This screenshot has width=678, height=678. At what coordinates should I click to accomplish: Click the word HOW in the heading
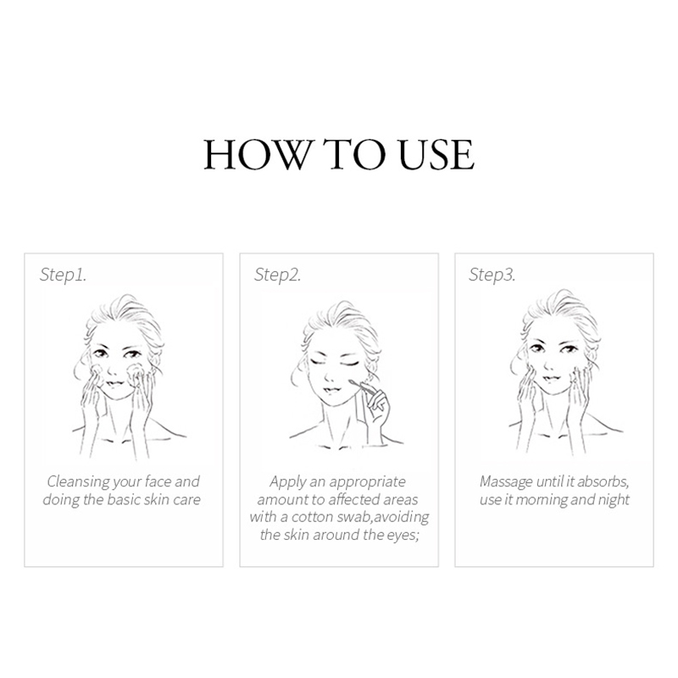point(258,154)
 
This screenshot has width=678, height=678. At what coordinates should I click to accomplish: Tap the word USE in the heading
point(436,154)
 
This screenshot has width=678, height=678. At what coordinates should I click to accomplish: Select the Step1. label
point(63,274)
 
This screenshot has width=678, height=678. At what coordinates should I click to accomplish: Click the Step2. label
point(278,274)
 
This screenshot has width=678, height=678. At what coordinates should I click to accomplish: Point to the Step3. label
point(492,274)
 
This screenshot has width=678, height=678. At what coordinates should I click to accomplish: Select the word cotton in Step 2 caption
point(313,517)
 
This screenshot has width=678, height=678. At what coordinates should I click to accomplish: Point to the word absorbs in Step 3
point(603,481)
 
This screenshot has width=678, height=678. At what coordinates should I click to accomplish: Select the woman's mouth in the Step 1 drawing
point(115,384)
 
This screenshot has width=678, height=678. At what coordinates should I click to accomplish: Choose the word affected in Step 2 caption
point(352,499)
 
